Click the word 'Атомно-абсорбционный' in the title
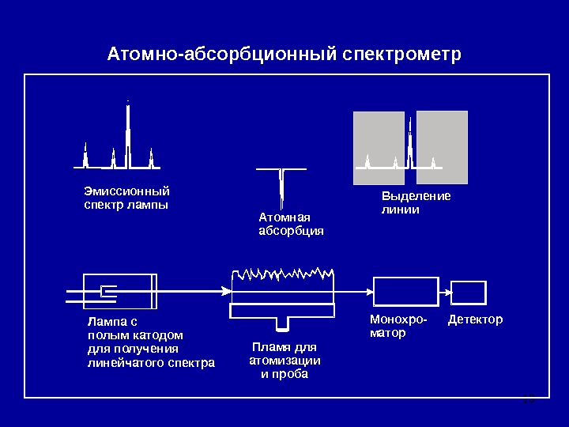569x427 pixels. pos(224,55)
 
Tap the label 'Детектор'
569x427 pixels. pos(475,320)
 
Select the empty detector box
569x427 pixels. pos(469,293)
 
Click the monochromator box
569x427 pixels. pos(405,292)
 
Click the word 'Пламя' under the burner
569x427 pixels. pos(266,347)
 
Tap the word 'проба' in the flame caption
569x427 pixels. pos(290,374)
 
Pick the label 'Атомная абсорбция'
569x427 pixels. pos(291,224)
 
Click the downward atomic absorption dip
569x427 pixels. pos(281,187)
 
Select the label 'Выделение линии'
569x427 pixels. pos(416,203)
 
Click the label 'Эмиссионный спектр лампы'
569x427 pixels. pos(126,198)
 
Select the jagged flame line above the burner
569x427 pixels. pos(282,274)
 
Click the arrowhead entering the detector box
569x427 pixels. pos(448,293)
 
